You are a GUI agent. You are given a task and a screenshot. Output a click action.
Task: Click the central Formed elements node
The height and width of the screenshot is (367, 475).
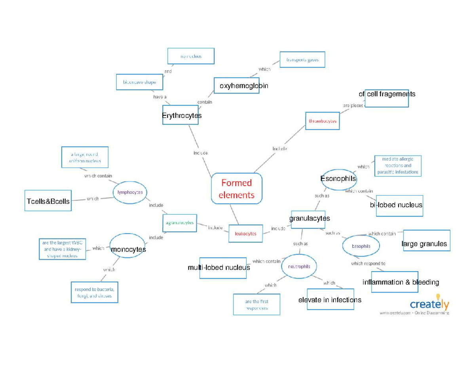(x=237, y=188)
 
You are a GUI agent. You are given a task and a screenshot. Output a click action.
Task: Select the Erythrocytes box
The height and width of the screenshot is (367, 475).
(x=180, y=115)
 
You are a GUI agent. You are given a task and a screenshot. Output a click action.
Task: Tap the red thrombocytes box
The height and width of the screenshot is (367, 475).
(x=322, y=121)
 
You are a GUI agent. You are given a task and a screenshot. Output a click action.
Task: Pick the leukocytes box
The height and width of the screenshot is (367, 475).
(x=245, y=233)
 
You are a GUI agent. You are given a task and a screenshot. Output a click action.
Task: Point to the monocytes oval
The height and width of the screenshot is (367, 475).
(x=127, y=246)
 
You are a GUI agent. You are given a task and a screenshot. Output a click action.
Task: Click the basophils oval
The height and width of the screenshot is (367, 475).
(x=361, y=246)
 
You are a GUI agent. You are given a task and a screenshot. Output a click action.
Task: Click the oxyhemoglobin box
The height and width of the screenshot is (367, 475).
(x=237, y=85)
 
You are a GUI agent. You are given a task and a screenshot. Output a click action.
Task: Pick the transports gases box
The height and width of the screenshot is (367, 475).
(x=302, y=59)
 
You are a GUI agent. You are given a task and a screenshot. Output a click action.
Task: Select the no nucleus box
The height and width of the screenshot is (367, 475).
(x=191, y=56)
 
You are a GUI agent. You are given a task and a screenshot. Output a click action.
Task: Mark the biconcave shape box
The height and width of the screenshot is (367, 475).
(x=139, y=82)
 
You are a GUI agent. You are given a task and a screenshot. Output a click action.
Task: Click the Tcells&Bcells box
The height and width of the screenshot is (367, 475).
(x=48, y=201)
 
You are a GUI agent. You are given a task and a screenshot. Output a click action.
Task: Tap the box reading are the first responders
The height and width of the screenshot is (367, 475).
(x=256, y=304)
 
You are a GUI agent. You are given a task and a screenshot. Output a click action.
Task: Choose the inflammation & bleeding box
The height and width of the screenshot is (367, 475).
(x=395, y=282)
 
